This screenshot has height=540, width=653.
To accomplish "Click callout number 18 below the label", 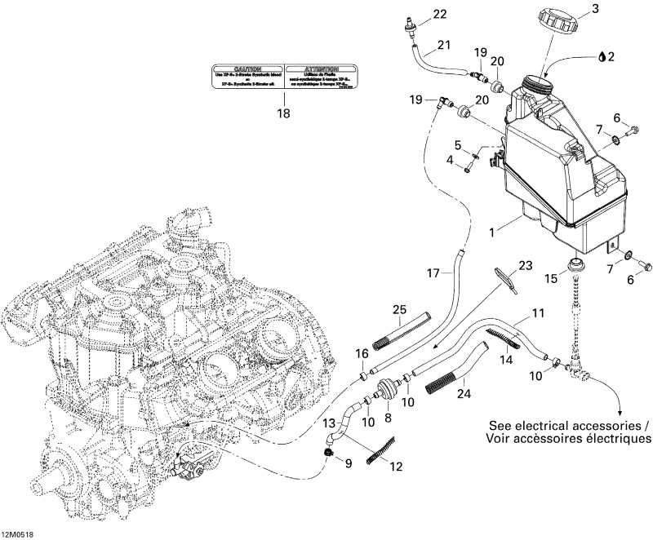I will coord(283,114).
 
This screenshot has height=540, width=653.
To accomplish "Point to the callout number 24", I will coord(466,392).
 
